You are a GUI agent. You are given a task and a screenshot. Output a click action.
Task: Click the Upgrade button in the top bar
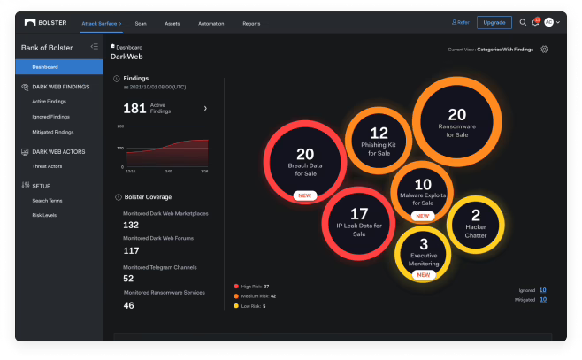point(494,22)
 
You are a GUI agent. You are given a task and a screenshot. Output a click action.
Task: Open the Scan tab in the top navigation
point(140,23)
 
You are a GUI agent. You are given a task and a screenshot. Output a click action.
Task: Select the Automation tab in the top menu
point(211,23)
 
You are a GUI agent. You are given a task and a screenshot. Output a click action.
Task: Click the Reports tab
point(251,23)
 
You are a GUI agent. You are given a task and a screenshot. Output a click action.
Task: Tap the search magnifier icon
point(523,22)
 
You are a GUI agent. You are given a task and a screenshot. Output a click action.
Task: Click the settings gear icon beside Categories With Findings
point(544,50)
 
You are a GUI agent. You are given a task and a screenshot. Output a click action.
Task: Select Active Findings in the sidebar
point(50,102)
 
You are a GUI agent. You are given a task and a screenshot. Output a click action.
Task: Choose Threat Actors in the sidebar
point(46,165)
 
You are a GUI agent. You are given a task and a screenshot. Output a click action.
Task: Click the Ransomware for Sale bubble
point(456,120)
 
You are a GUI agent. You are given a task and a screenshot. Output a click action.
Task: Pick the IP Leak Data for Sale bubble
point(358,221)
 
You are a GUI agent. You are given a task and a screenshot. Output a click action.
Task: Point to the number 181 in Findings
point(134,108)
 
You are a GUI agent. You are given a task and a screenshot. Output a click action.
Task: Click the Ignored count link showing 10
point(542,290)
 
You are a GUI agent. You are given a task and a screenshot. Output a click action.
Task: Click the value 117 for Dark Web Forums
point(131,251)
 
